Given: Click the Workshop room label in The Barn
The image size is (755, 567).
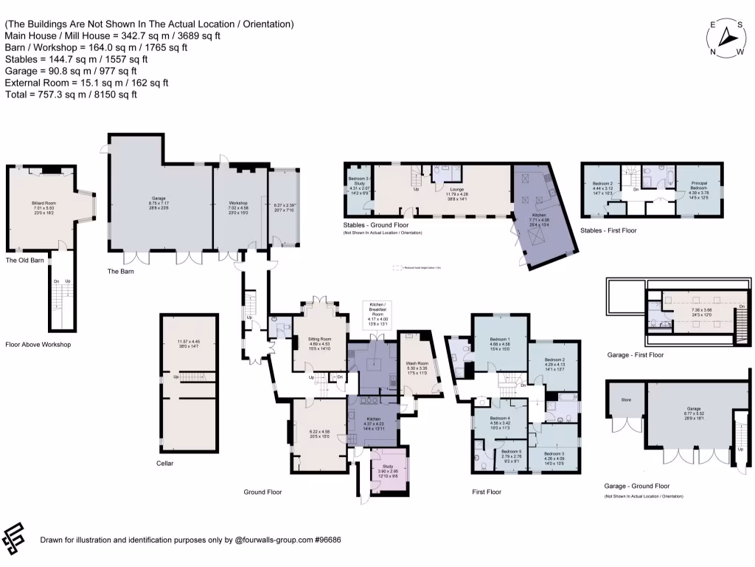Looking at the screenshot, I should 237,203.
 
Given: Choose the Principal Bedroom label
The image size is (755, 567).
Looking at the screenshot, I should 699,185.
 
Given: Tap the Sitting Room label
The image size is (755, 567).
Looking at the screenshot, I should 319,339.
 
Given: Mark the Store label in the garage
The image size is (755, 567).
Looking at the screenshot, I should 626,401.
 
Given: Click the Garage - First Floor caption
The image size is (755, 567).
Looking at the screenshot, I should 634,354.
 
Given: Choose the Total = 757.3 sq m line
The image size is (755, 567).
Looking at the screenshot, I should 71,94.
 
